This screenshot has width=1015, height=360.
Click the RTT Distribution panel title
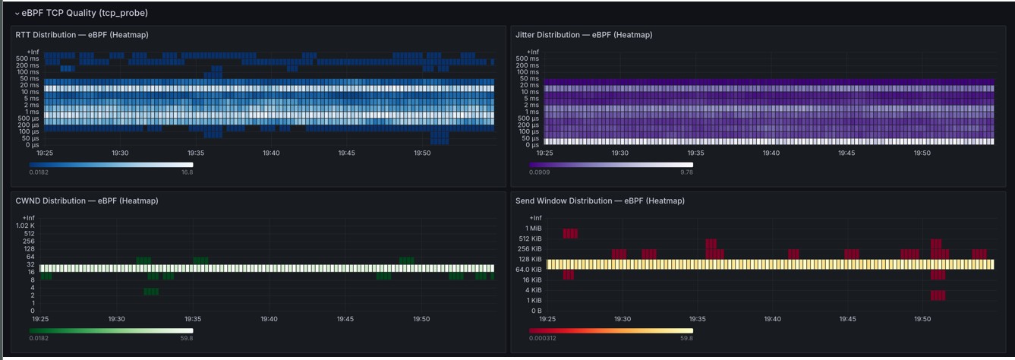point(82,35)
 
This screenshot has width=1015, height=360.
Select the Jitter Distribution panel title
point(584,35)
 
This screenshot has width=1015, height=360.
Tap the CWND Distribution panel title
point(87,201)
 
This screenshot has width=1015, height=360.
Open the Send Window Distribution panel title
point(600,201)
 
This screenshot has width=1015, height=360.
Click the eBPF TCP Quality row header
point(85,13)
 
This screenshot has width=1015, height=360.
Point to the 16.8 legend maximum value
point(188,172)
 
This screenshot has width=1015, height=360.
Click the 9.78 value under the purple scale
point(686,172)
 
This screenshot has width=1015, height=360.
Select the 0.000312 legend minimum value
point(542,338)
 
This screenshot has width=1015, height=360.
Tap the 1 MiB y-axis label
point(534,229)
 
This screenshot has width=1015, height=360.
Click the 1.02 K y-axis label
point(25,226)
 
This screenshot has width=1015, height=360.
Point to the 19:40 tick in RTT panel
point(271,153)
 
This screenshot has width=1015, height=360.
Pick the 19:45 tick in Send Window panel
point(847,319)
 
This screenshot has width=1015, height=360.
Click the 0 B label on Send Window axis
point(537,311)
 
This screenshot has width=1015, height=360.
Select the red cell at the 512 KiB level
point(570,234)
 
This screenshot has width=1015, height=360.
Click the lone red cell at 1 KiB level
point(938,296)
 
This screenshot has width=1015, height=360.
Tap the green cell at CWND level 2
point(151,292)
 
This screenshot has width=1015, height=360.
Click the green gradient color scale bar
point(111,331)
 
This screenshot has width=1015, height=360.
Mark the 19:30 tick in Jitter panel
point(620,153)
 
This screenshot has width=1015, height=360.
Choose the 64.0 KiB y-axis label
point(528,270)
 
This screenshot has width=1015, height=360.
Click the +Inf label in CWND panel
point(28,218)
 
